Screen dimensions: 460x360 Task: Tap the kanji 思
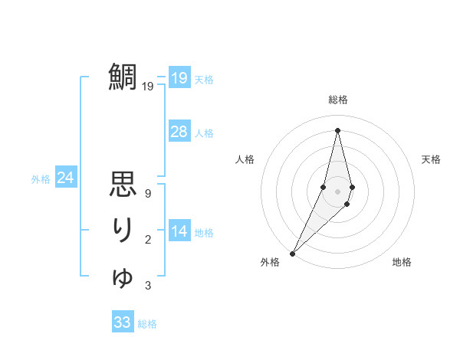pos(123,186)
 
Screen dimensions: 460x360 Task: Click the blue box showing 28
pos(179,132)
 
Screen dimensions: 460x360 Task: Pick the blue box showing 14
pos(179,231)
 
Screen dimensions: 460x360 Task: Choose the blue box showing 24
pos(65,178)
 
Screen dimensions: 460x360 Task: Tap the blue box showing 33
pos(123,322)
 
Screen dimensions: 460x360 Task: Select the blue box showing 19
pos(179,78)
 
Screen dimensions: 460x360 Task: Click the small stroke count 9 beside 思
pos(147,194)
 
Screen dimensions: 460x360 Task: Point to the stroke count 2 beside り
pos(147,241)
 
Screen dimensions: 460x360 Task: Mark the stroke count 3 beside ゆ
pos(147,286)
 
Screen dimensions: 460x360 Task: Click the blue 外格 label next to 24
pos(41,179)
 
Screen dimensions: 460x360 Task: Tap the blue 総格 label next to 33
pos(147,324)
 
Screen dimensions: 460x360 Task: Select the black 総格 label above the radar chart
pos(338,100)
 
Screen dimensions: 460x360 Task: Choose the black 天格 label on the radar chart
pos(432,159)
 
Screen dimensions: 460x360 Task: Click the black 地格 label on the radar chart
pos(402,262)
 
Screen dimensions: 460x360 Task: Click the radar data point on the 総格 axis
pos(338,130)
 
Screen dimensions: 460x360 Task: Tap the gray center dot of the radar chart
pos(338,191)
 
